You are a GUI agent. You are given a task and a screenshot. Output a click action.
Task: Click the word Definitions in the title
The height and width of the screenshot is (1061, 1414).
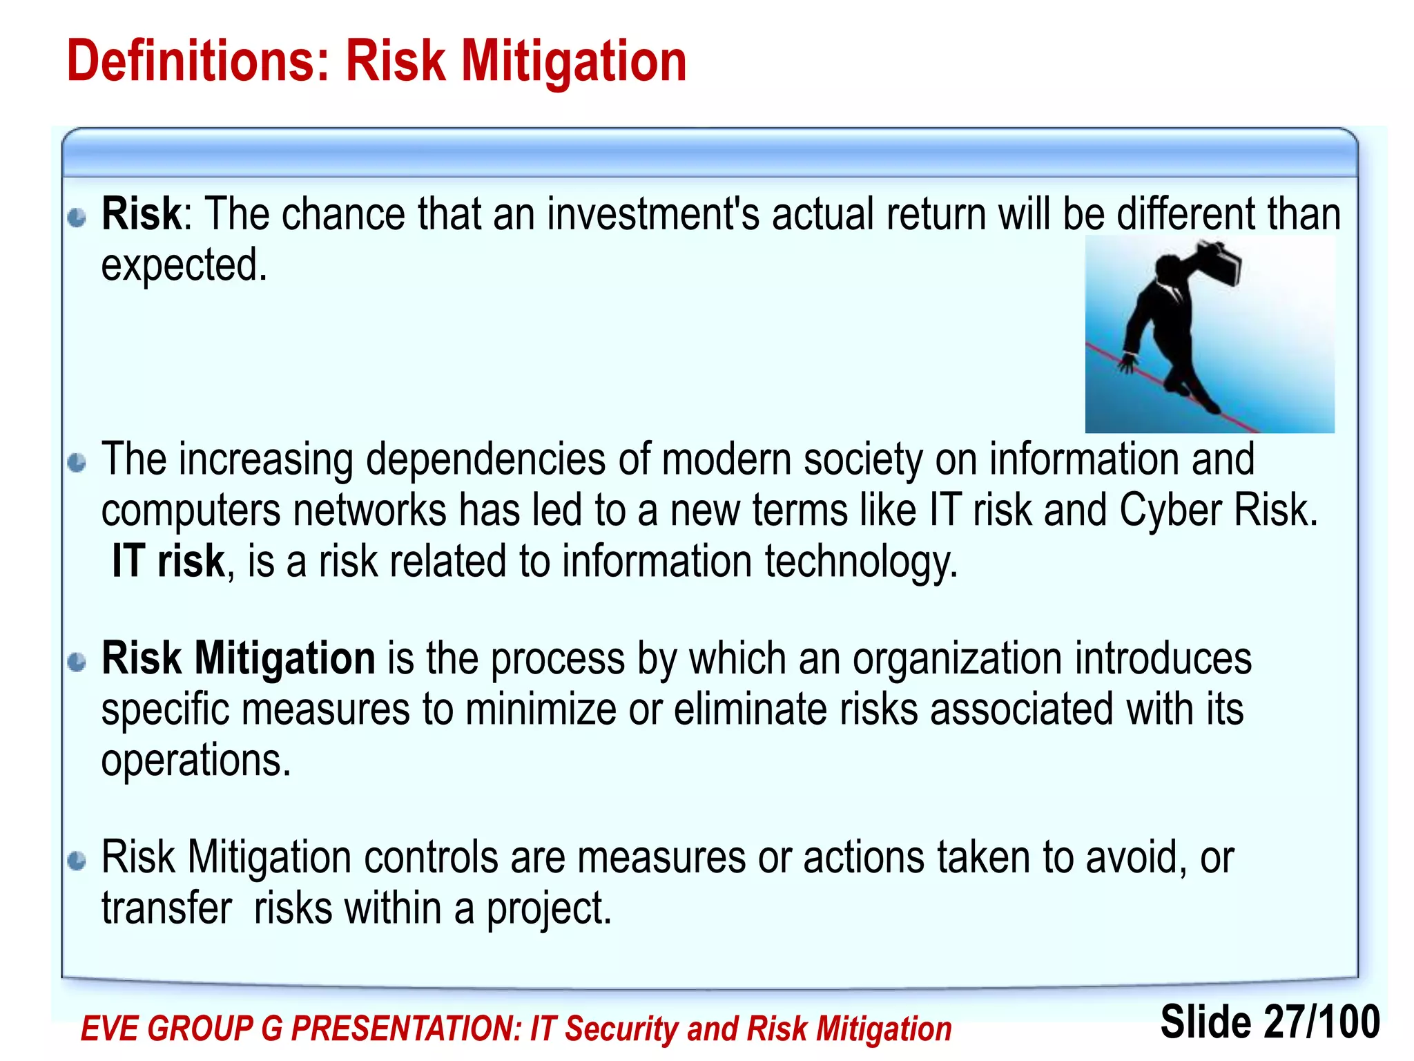coord(197,62)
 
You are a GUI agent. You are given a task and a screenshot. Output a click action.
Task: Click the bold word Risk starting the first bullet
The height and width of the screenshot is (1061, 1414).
coord(141,214)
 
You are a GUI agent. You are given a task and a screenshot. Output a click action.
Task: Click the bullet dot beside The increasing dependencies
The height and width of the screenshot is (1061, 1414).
coord(77,462)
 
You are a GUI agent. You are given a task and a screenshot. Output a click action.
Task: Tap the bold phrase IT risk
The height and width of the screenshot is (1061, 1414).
coord(168,561)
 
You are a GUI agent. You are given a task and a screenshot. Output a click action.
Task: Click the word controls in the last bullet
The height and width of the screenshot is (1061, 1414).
coord(431,858)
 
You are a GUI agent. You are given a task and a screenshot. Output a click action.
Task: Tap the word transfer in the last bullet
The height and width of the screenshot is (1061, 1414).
coord(166,908)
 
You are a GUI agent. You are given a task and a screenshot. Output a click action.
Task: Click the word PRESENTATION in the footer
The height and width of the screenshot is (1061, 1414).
coord(406,1029)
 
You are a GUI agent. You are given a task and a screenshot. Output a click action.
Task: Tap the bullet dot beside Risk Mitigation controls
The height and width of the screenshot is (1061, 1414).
coord(77,861)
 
